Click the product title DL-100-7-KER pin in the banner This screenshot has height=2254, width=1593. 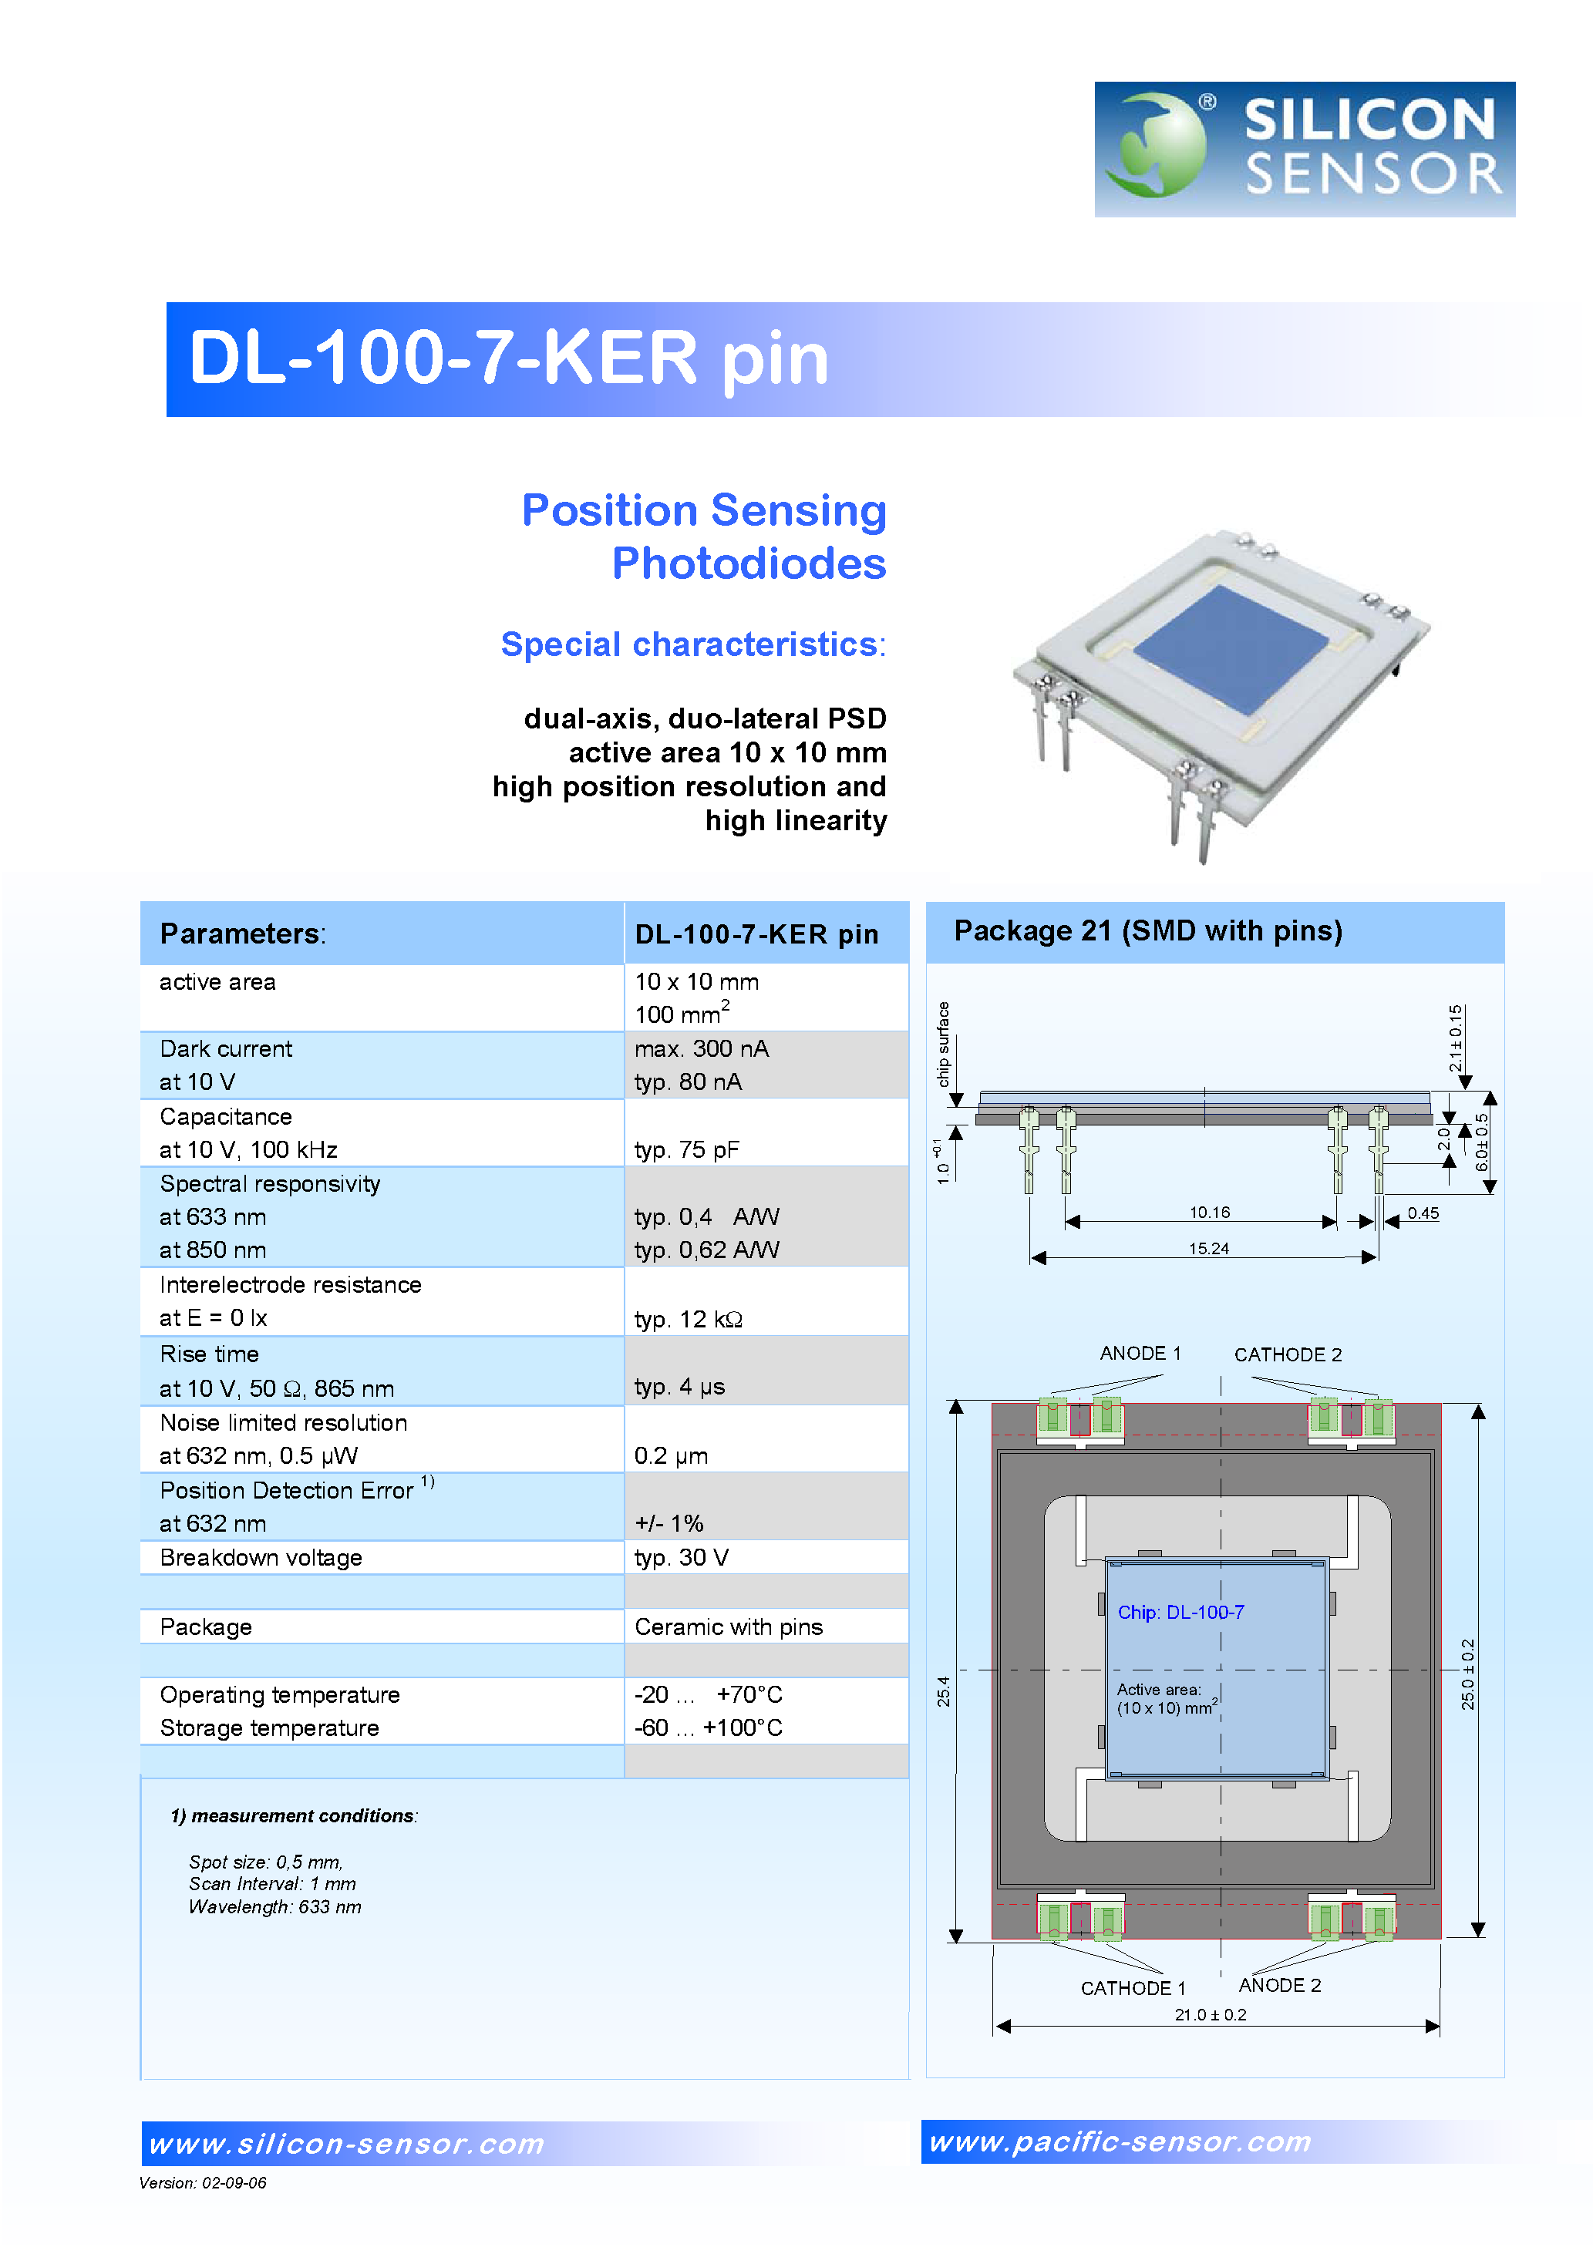point(509,358)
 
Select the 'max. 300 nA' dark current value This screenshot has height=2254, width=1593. point(701,1048)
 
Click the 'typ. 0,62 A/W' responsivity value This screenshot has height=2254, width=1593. point(706,1250)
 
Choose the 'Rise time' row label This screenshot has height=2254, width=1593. point(209,1354)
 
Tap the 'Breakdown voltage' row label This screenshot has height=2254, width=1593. point(261,1558)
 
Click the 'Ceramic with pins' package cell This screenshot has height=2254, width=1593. point(728,1627)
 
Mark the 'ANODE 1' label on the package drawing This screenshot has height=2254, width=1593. point(1140,1353)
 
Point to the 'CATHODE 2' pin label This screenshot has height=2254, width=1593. point(1287,1354)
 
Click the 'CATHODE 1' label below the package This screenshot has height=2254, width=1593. point(1133,1988)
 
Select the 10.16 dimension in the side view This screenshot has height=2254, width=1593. point(1209,1213)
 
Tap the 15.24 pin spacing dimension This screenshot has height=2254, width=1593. point(1208,1249)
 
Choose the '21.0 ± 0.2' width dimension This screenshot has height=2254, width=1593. point(1210,2014)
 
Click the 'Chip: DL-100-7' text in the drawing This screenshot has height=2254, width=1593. point(1180,1612)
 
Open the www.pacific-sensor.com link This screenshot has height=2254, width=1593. point(1120,2141)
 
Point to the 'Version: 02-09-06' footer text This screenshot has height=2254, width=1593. point(202,2182)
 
